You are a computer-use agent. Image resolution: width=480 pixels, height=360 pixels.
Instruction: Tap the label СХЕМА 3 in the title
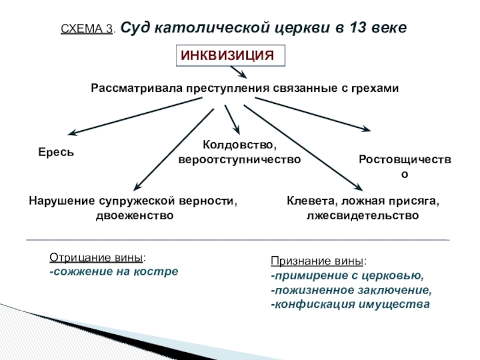point(87,29)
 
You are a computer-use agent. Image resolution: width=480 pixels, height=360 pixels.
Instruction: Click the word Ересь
point(52,152)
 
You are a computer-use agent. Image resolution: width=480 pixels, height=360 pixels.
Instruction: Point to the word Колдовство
point(239,146)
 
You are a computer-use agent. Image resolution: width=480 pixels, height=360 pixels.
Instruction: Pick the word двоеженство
point(134,215)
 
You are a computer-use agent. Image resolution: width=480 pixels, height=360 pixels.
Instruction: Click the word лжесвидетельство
point(362,215)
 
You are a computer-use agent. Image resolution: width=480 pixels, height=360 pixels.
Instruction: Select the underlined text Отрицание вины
point(97,258)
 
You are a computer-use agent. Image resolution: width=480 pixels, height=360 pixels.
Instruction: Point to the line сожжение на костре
point(114,271)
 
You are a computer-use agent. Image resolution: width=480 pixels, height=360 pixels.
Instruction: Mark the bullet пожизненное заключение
point(351,290)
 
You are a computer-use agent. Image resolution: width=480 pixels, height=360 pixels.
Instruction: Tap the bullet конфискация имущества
point(350,304)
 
